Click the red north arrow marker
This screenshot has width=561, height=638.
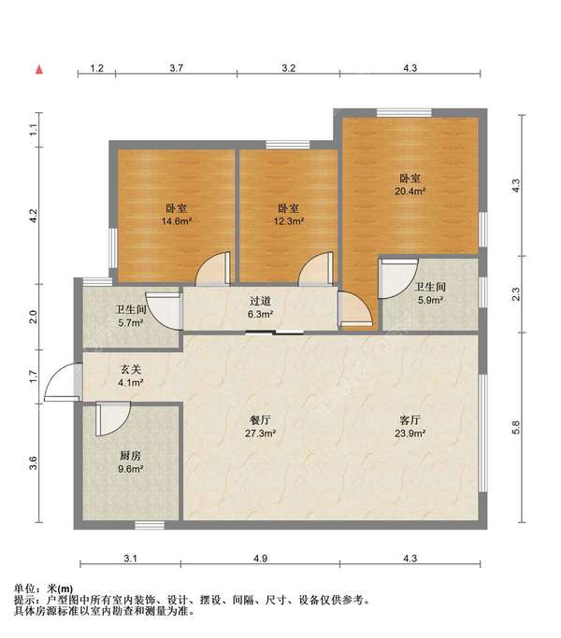tap(39, 70)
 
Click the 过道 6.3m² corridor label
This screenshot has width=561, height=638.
tap(260, 307)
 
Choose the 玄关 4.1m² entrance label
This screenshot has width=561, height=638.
tap(130, 376)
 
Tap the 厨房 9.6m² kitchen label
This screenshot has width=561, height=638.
tap(130, 461)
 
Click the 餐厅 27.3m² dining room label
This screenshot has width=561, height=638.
tap(260, 426)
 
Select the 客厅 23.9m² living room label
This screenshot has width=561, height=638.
tap(410, 426)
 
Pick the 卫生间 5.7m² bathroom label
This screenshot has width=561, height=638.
tap(130, 316)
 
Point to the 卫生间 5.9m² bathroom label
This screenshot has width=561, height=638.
tap(430, 293)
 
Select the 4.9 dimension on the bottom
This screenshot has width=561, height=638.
tap(260, 559)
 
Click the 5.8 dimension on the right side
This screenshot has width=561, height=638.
tap(516, 427)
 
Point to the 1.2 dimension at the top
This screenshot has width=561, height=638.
tap(96, 68)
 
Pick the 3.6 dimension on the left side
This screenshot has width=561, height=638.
tap(34, 463)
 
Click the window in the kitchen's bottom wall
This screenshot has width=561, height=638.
tap(150, 525)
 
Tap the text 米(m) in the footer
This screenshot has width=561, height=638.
tap(60, 588)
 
